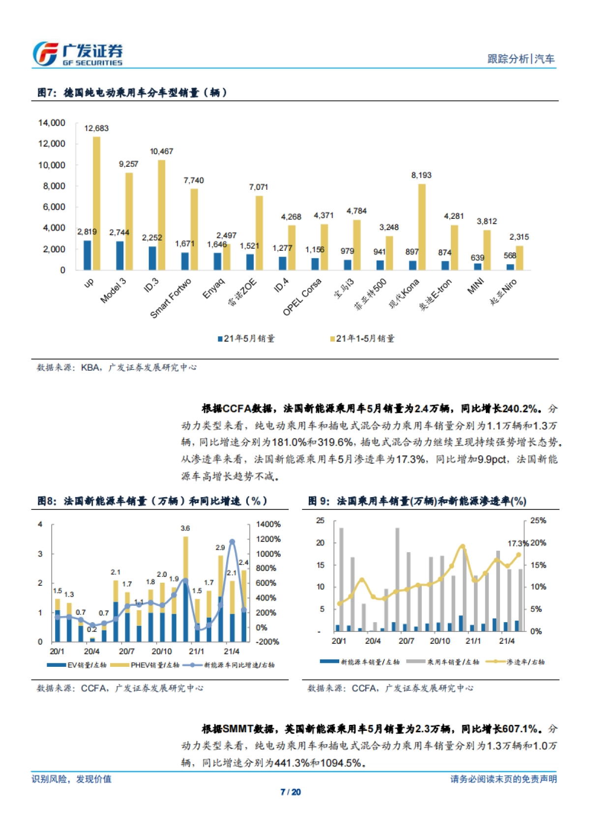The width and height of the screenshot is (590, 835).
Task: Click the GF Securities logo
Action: [x=77, y=54]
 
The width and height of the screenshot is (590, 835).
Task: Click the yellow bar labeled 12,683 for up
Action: [x=97, y=203]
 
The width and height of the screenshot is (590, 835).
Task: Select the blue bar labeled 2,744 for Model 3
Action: [x=119, y=255]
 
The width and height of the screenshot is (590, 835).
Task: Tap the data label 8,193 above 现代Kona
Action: [x=421, y=175]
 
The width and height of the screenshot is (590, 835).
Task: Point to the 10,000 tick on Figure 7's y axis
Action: [x=52, y=165]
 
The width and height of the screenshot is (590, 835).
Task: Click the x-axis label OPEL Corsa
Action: [x=302, y=297]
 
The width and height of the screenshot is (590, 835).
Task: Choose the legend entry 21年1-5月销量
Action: [x=362, y=338]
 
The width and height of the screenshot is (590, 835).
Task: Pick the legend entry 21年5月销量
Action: [x=246, y=338]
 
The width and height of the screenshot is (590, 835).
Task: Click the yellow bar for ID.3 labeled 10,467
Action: [x=161, y=215]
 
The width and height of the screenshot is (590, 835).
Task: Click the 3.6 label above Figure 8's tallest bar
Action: [x=185, y=528]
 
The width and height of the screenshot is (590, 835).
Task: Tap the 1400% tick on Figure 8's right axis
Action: [x=268, y=525]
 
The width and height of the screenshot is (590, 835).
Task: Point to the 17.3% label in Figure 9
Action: [x=518, y=543]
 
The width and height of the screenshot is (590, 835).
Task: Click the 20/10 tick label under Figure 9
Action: [x=440, y=641]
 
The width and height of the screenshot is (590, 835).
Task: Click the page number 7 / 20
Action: [x=290, y=792]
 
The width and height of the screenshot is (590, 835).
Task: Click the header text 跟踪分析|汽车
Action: [x=521, y=59]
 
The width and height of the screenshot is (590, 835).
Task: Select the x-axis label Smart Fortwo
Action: [x=171, y=298]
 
